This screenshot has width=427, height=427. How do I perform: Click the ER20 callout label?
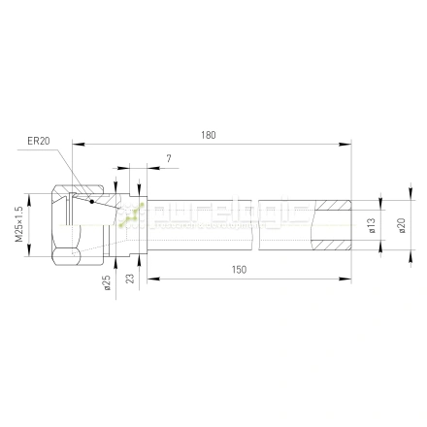coord(40,141)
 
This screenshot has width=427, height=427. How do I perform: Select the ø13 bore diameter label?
coord(372,226)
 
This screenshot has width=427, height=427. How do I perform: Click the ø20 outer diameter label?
coord(401,225)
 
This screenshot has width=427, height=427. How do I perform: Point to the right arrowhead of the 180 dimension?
coord(347,145)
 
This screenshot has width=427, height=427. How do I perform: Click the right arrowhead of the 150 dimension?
coord(347,279)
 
